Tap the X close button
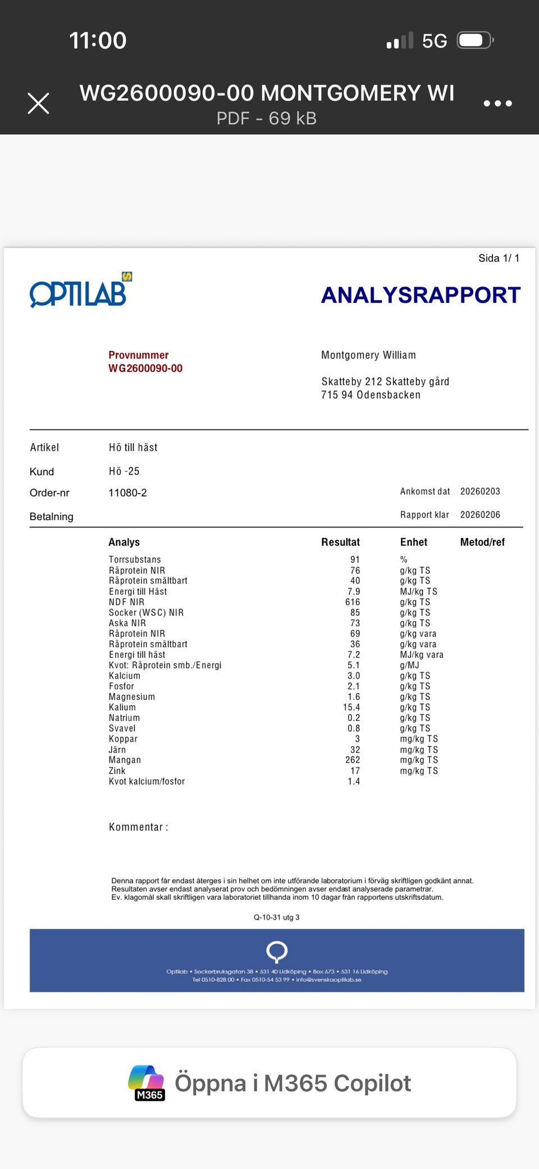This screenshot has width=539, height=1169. pos(38,103)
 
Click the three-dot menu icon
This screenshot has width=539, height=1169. pos(497,103)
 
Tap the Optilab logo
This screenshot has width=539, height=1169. pos(80,291)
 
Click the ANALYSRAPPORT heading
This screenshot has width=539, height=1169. pos(421,295)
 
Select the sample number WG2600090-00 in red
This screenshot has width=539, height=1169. pos(145,369)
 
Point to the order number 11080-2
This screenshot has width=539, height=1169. pos(127,493)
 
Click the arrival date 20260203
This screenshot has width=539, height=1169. pos(480,492)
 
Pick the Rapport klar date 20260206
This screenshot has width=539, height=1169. pos(480,515)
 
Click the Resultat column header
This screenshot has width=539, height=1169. pos(340,542)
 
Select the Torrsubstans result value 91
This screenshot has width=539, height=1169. pos(355,560)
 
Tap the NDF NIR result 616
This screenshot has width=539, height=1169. pos(353,602)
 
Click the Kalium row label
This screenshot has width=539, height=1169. pos(122,707)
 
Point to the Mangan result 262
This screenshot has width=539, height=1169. pos(353,760)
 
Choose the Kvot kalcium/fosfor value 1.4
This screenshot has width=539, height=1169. pos(354,781)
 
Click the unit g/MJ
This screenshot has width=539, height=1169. pos(410,665)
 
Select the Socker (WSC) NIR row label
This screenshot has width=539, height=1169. pos(146,613)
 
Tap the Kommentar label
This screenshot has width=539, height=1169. pos(138,827)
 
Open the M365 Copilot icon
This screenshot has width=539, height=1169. pos(147,1082)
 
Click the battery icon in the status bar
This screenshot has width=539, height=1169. pos(474,40)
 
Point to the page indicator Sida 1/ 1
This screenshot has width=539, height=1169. pos(499,258)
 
